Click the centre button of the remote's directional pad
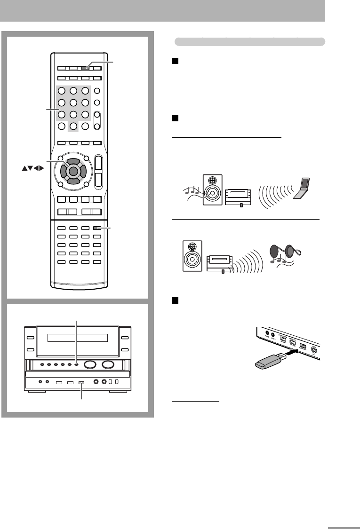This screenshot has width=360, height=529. point(72,169)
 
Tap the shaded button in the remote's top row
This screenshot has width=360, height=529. point(85,68)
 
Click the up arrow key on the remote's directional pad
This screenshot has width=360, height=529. point(72,160)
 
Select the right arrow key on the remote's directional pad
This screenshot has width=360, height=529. point(81,169)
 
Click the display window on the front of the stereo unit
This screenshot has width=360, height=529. point(78,338)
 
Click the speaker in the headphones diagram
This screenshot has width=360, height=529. point(192,256)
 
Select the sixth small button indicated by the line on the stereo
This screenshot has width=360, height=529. point(76,365)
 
